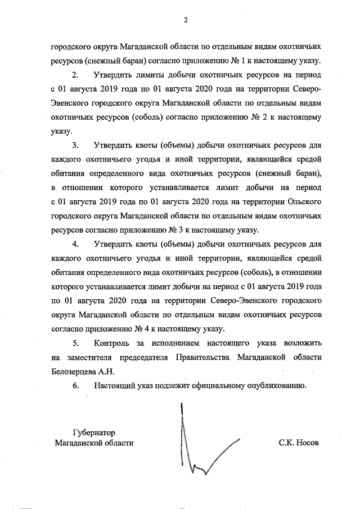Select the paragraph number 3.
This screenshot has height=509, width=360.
point(76,143)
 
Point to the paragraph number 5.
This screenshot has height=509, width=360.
point(76,343)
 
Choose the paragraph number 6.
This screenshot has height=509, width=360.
point(76,386)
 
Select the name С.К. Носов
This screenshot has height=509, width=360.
point(298,443)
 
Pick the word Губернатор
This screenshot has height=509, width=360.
point(94,433)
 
